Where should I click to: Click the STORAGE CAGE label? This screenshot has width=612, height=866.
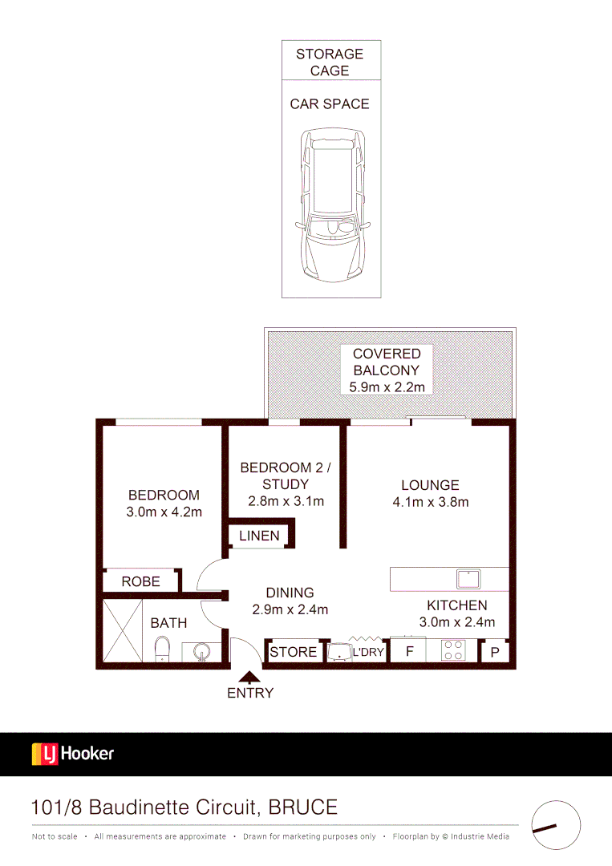[x=330, y=62]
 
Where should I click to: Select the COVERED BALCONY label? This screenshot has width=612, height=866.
[x=387, y=362]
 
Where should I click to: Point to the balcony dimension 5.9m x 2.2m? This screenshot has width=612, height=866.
[x=387, y=387]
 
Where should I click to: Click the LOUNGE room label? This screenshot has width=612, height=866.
[x=430, y=485]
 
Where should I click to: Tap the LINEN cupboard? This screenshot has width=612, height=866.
[x=259, y=536]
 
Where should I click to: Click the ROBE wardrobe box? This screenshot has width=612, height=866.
[x=140, y=581]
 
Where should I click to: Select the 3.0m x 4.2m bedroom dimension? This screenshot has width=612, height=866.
[x=164, y=512]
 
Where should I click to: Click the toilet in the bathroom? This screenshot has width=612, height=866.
[x=163, y=649]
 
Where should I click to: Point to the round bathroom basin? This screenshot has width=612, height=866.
[x=201, y=652]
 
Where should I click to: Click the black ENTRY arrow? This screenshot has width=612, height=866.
[x=250, y=676]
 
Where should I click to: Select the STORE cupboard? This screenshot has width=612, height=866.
[x=293, y=652]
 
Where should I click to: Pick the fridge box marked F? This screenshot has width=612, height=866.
[x=409, y=651]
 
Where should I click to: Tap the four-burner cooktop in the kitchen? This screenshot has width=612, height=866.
[x=453, y=650]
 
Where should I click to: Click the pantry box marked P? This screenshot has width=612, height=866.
[x=494, y=652]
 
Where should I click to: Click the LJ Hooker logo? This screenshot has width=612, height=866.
[x=73, y=754]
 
